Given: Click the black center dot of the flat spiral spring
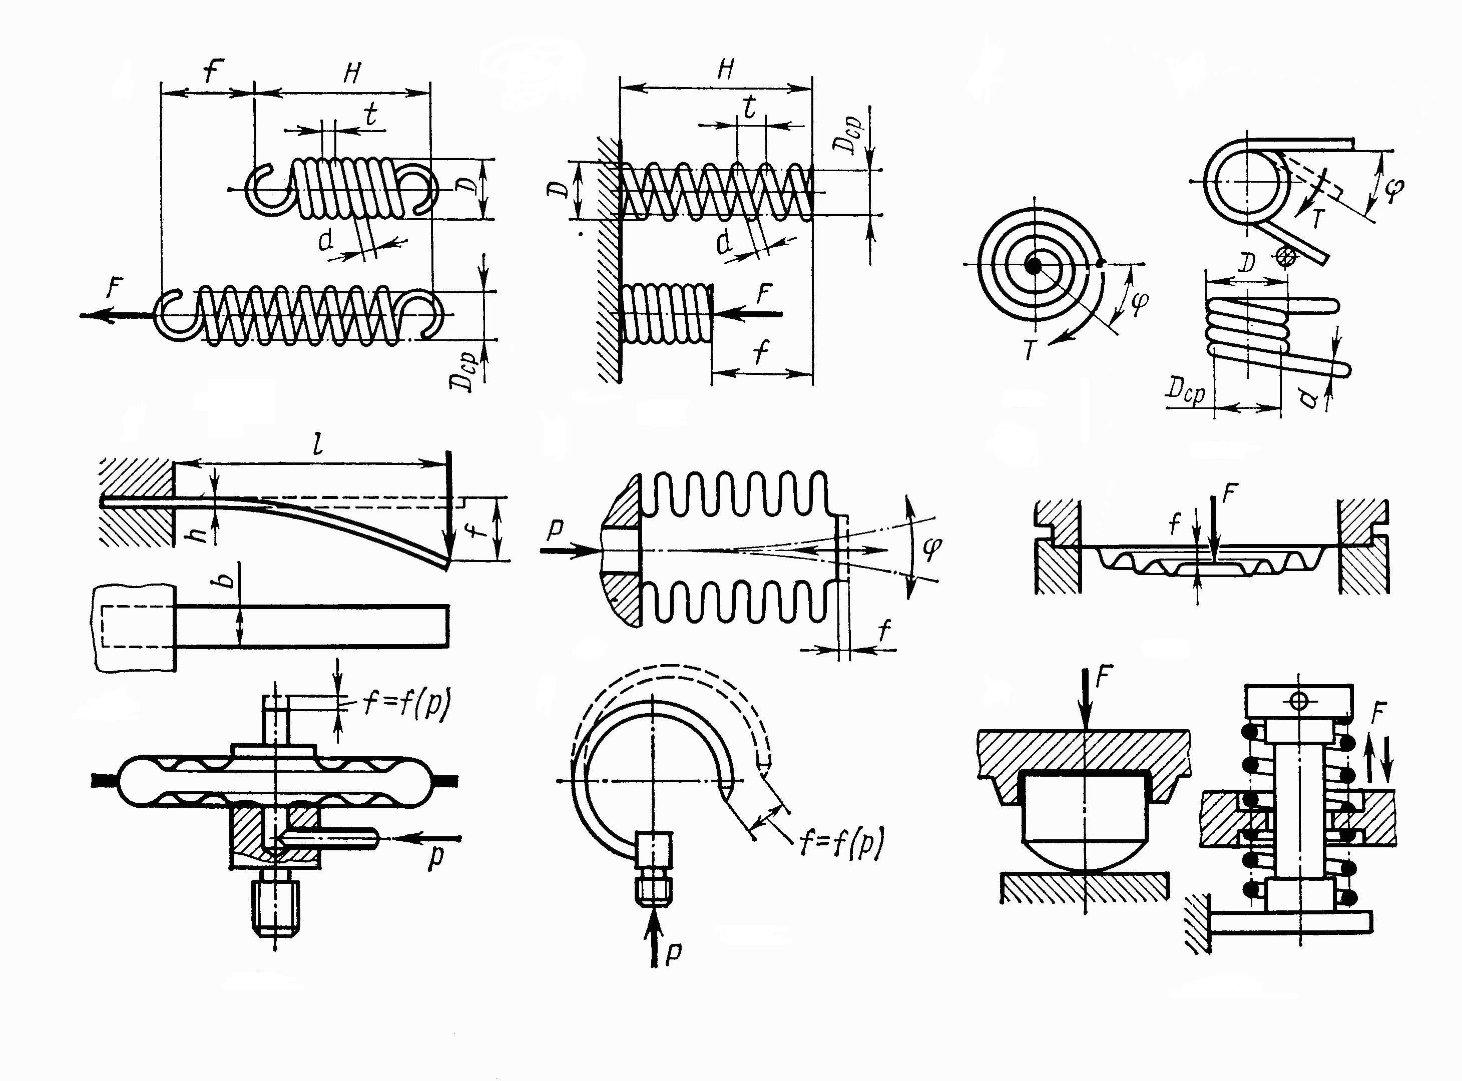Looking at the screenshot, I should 1034,266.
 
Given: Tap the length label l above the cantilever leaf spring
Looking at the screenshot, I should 319,445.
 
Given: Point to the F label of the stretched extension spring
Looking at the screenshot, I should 115,288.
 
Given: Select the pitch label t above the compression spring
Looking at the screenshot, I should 750,107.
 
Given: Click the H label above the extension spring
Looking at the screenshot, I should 352,73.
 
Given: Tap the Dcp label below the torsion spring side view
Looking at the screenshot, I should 1185,393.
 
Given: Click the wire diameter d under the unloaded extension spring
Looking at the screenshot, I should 326,240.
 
